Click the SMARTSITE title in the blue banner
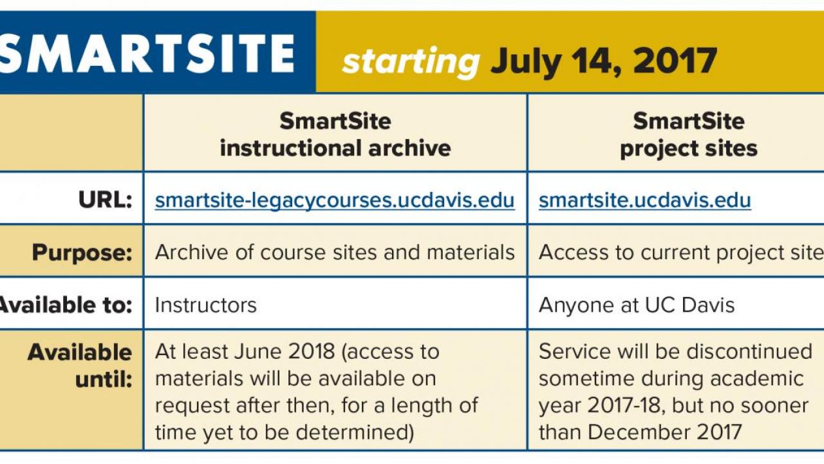[147, 53]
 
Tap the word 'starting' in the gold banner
[411, 63]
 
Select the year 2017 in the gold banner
[675, 60]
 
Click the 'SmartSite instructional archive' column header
[335, 135]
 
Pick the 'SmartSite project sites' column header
[689, 135]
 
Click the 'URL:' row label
[105, 200]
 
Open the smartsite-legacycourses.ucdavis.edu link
[334, 200]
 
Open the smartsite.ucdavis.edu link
[645, 200]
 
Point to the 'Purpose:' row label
[82, 253]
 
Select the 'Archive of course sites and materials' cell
[335, 253]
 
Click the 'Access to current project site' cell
[681, 253]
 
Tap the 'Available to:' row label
[66, 305]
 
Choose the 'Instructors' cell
[205, 305]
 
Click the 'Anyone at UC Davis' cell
[637, 305]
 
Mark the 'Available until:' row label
[80, 365]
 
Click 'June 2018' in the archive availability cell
[284, 352]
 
